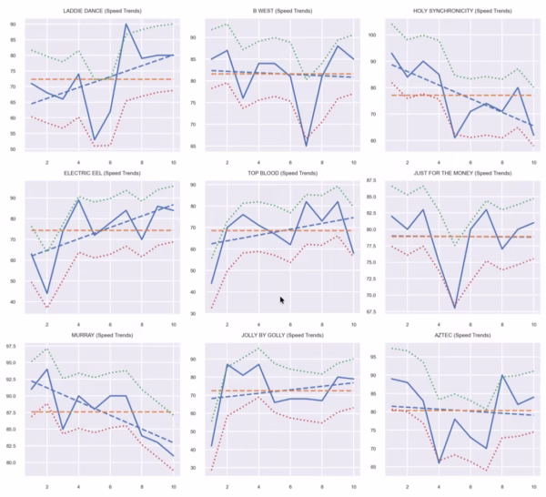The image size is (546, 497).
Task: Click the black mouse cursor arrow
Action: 282,299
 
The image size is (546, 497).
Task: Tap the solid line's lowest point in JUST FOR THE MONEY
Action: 454,308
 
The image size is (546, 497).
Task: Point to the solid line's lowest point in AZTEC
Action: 440,462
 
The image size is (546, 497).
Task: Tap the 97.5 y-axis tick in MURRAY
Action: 12,347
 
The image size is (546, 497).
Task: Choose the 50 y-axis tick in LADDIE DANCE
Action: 14,148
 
